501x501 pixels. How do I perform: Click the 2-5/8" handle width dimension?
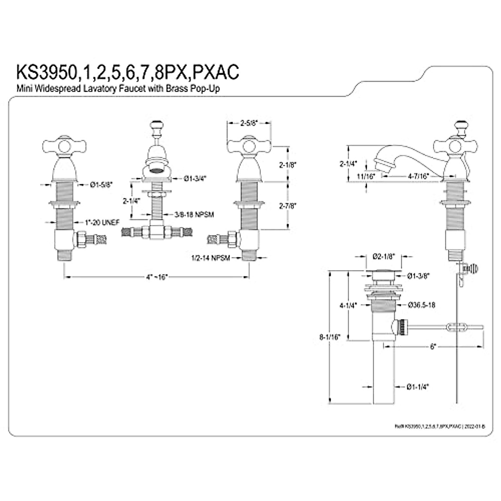click(x=249, y=123)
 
